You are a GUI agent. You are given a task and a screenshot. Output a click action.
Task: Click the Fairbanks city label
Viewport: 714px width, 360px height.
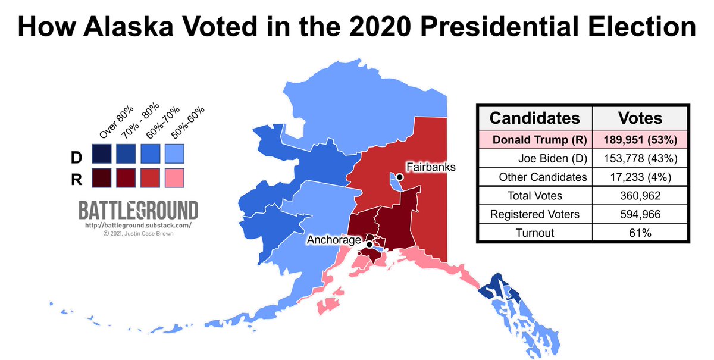[430, 167]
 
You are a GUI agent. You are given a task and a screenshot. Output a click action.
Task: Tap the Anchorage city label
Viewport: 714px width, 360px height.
[334, 240]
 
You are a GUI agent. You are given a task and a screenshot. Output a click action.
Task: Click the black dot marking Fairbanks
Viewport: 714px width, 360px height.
[400, 177]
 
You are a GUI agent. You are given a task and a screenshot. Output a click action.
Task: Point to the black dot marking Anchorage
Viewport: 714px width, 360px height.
[369, 244]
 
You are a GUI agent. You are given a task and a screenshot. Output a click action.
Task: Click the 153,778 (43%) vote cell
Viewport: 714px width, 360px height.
[641, 159]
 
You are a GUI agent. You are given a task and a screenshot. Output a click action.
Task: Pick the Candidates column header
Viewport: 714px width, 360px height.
[534, 118]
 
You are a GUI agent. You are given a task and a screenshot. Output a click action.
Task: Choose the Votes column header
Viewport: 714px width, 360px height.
[641, 118]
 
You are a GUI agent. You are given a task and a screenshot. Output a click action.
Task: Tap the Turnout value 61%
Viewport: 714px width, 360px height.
[641, 233]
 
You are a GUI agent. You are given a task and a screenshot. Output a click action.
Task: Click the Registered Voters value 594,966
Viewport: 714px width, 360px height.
[641, 214]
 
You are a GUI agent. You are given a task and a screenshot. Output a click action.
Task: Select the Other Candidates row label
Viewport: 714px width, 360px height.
[543, 177]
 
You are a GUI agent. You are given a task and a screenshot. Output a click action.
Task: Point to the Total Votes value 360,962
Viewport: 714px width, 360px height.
[641, 196]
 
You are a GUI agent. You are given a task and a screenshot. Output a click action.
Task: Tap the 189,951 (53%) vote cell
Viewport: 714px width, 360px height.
[641, 140]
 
